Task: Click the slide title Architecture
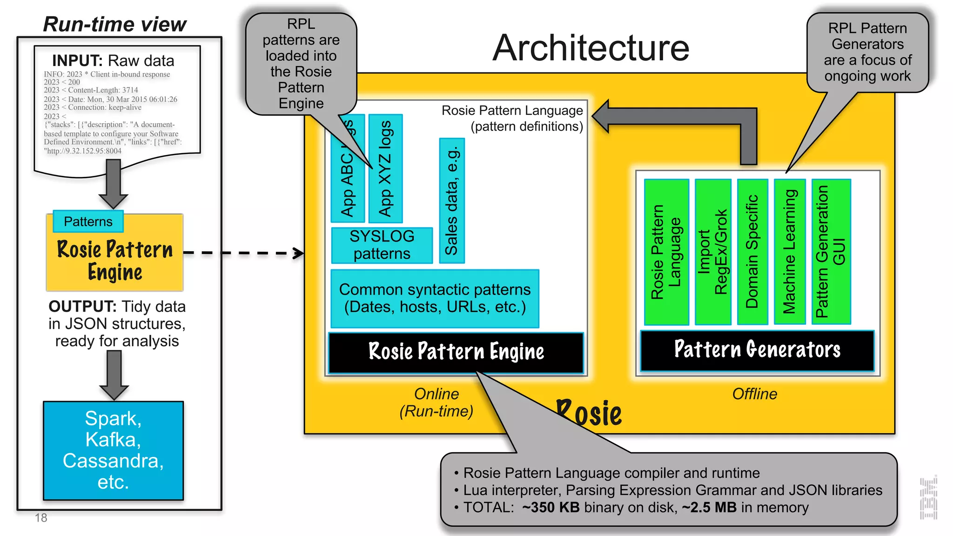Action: [591, 48]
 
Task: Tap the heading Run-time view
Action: [114, 24]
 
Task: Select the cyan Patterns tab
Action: [88, 221]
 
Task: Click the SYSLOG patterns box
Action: [382, 245]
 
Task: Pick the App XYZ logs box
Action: [385, 168]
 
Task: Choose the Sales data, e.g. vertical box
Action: [451, 201]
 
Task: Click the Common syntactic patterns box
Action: [435, 298]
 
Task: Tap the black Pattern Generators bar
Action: [757, 350]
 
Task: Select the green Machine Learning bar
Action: [790, 251]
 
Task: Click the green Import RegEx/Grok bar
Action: [712, 251]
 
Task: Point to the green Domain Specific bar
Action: [752, 251]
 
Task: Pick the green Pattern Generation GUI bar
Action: [831, 251]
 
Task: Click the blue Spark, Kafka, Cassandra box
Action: [113, 450]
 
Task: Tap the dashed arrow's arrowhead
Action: [298, 253]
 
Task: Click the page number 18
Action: [41, 518]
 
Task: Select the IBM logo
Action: [928, 498]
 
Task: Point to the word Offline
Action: [754, 394]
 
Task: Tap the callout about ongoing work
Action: [867, 52]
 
